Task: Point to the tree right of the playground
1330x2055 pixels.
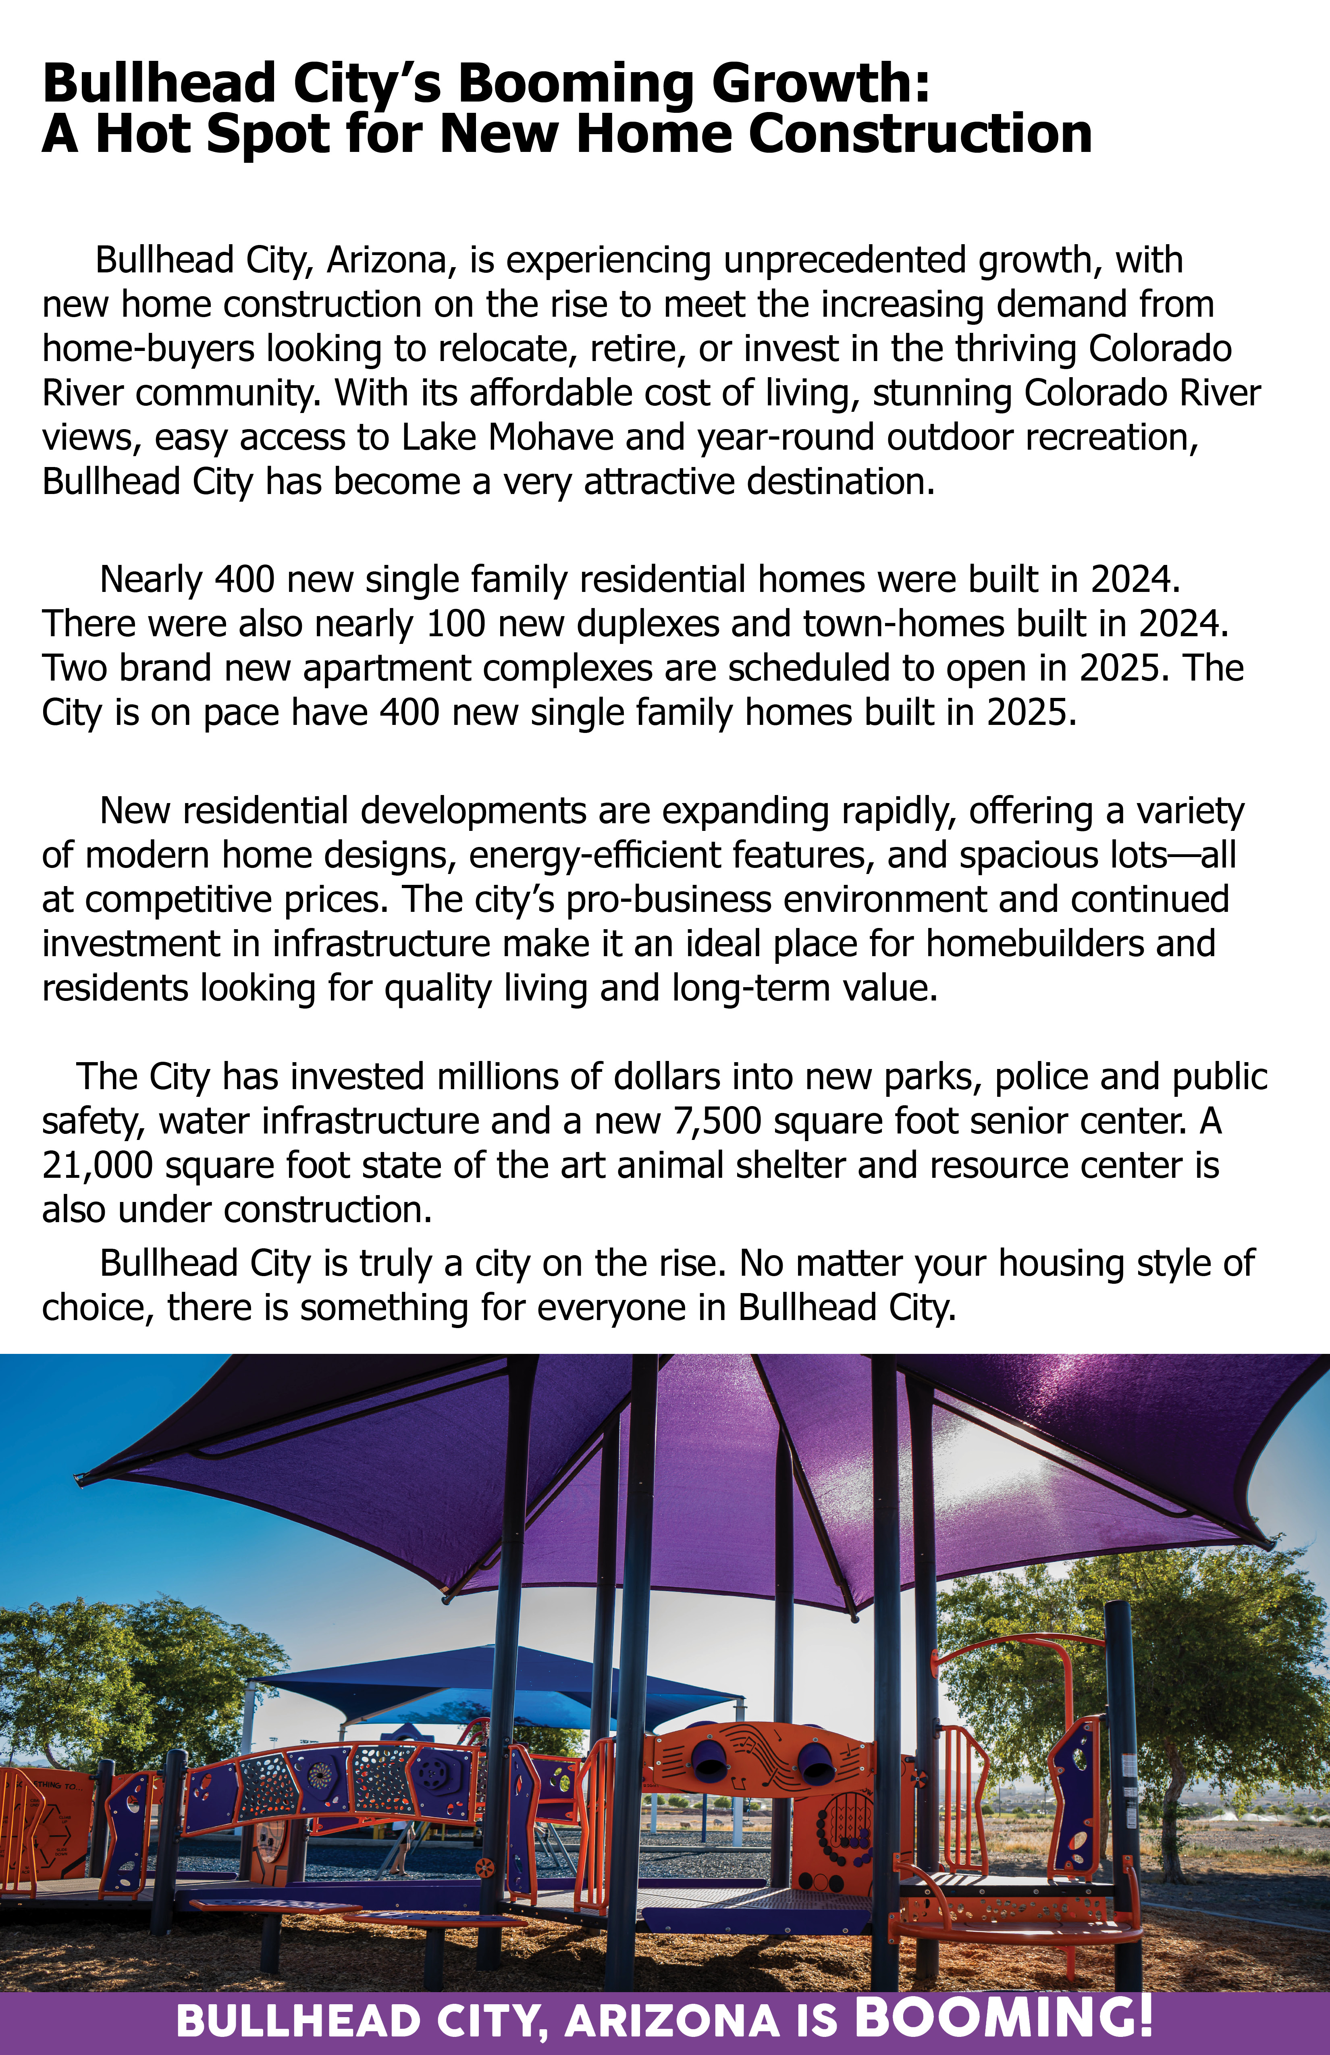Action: [1209, 1667]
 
